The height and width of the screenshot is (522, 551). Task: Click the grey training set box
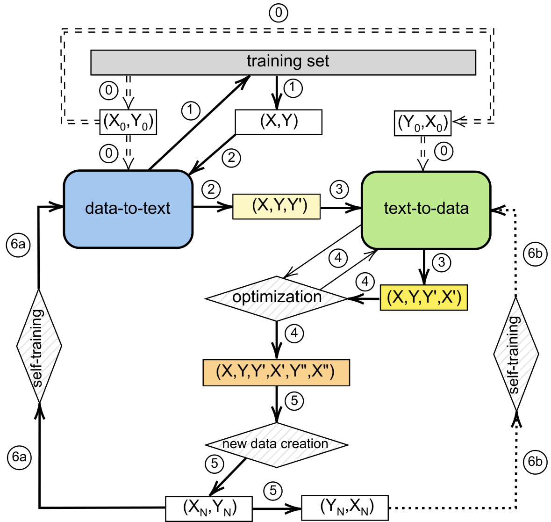point(283,62)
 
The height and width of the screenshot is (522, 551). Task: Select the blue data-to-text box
point(128,209)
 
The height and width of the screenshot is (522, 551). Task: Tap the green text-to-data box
point(426,209)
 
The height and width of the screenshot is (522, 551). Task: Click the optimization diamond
point(277,298)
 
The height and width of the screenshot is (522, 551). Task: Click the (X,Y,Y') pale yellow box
point(277,206)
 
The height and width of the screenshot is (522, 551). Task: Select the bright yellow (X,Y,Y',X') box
point(423,298)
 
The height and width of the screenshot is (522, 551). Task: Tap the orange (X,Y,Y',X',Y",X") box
point(276,372)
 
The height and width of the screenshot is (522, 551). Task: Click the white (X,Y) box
point(279,122)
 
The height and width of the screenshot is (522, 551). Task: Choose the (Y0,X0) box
point(422,123)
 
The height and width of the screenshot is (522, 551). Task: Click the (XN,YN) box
point(209,508)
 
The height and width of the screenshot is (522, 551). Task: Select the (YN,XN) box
point(345,507)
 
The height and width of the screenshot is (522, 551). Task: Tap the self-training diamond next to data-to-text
point(39,346)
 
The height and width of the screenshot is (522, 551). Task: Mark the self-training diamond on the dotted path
point(516,354)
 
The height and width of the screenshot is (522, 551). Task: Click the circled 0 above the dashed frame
point(279,13)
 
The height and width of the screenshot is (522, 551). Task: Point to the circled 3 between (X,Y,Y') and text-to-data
point(339,189)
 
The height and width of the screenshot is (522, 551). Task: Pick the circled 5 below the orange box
point(294,401)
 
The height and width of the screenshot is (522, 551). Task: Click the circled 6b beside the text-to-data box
point(535,254)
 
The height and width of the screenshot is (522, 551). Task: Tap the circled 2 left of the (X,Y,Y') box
point(211,189)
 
